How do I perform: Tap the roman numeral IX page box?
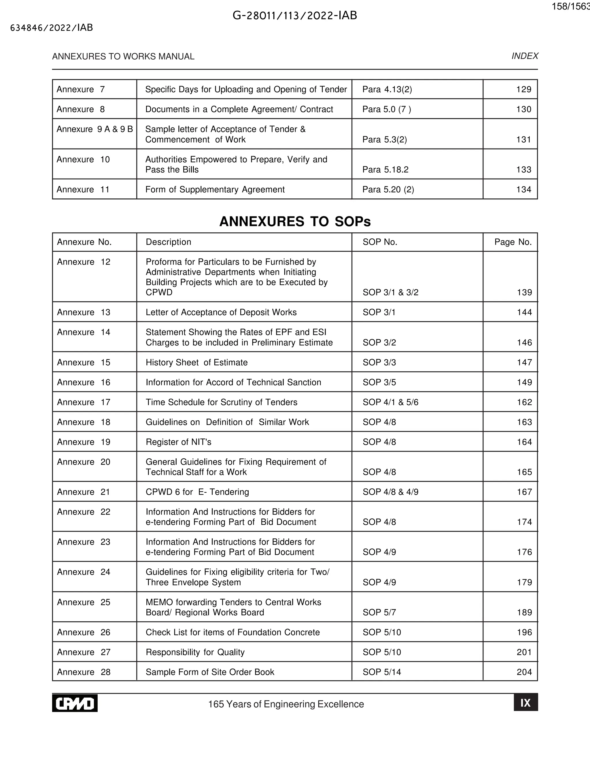pos(525,703)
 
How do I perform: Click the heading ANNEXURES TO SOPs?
pos(295,221)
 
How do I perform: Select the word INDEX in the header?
pos(525,56)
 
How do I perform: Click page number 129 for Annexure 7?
pos(523,90)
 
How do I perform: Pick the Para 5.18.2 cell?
pos(385,170)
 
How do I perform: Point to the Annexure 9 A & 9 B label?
pos(95,129)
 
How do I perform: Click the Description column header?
pos(168,242)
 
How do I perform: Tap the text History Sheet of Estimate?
pos(196,362)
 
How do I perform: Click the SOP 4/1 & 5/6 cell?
pos(390,402)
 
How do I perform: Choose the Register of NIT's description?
pos(178,442)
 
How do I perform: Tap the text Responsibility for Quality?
pos(195,652)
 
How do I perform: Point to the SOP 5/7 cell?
pos(379,612)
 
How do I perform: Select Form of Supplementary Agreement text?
pos(215,189)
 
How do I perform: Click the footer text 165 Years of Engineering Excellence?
pos(286,704)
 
